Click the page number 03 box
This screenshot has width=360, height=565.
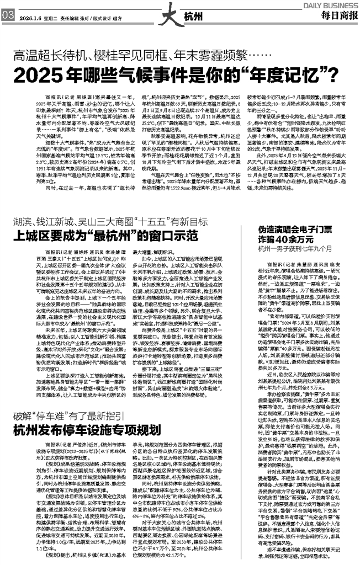pos(8,16)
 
